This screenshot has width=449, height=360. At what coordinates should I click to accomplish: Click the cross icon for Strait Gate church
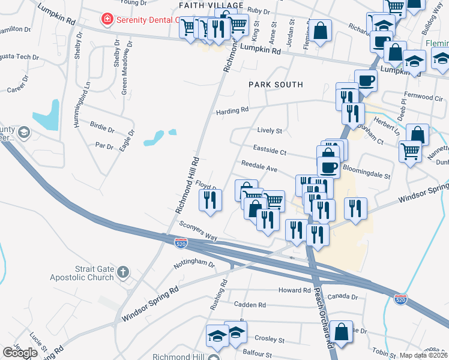point(122,272)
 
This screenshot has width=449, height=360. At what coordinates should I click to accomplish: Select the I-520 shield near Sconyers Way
point(181,243)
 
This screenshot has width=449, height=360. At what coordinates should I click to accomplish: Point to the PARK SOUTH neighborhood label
point(276,85)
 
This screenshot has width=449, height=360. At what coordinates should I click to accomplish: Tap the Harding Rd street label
point(232,111)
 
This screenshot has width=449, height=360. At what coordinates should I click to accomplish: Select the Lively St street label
point(270,130)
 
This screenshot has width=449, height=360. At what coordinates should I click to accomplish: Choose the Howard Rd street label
point(294,290)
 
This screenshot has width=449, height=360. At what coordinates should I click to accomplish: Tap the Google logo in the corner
point(20,353)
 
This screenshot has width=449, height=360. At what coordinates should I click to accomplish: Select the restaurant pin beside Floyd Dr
point(210,200)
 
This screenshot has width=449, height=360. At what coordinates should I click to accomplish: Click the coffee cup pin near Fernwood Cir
point(366,80)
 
